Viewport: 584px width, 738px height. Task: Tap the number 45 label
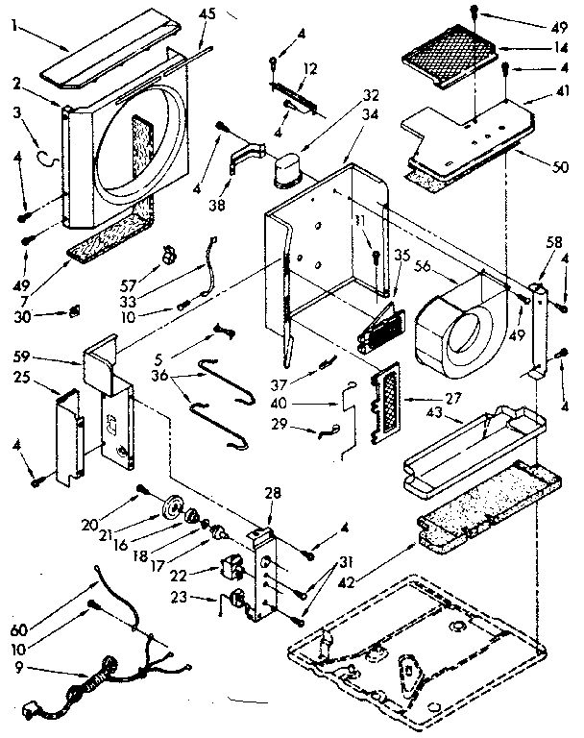click(207, 13)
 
